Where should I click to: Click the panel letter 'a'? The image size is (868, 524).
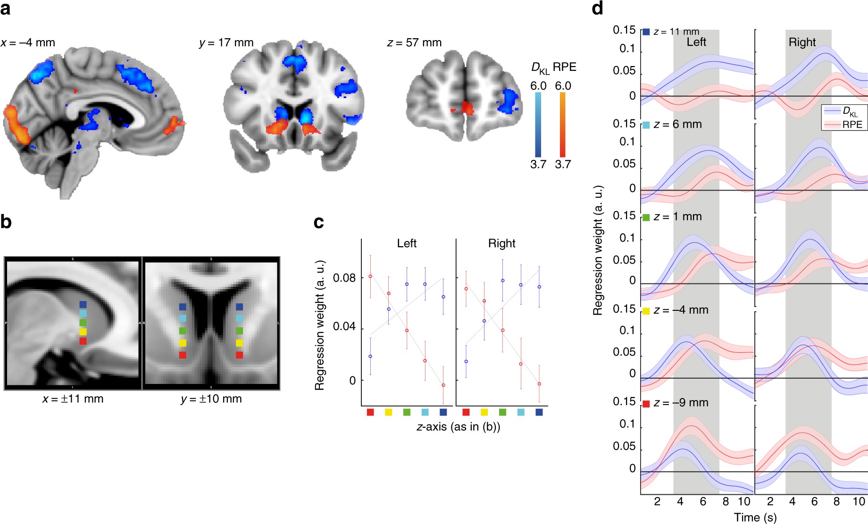click(x=6, y=8)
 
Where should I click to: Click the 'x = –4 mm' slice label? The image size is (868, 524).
click(x=28, y=43)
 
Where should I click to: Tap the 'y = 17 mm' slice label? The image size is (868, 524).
click(x=226, y=43)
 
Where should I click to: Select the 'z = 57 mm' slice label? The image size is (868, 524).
click(x=414, y=43)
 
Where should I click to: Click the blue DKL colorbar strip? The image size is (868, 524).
click(x=538, y=125)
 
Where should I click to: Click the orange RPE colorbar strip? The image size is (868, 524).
click(x=562, y=125)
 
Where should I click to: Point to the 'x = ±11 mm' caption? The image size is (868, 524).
click(x=73, y=399)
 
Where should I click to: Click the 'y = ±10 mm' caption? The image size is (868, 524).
click(x=211, y=399)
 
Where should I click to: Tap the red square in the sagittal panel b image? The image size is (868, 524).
click(x=83, y=341)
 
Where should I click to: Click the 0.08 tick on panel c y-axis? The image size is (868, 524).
click(x=344, y=278)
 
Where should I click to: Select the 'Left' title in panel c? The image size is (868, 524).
click(x=407, y=243)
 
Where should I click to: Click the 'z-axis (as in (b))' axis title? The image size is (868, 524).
click(x=458, y=427)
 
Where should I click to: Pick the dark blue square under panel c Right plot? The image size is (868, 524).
click(x=539, y=412)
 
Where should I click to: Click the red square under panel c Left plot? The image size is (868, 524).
click(x=370, y=412)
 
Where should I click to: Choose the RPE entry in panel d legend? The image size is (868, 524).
click(x=852, y=125)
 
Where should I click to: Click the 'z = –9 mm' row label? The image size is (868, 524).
click(x=681, y=403)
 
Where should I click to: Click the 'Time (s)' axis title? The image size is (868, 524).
click(x=755, y=517)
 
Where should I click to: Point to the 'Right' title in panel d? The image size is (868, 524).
click(x=802, y=42)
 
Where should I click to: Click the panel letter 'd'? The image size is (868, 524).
click(x=597, y=8)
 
